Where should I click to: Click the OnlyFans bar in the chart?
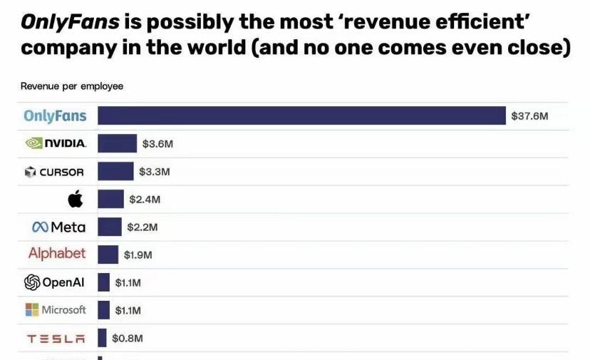click(x=301, y=115)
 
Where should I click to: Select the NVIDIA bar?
click(x=117, y=143)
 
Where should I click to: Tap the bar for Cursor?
click(x=115, y=171)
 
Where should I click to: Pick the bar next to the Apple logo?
click(x=110, y=199)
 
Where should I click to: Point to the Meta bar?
click(x=110, y=227)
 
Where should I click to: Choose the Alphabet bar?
click(x=108, y=254)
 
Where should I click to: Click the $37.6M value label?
click(x=529, y=115)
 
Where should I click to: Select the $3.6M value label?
click(x=157, y=144)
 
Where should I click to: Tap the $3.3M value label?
click(x=154, y=172)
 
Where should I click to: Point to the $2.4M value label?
click(x=145, y=200)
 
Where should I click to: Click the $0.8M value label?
click(x=127, y=339)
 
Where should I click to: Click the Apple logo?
click(x=76, y=199)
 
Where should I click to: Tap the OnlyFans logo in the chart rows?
click(x=55, y=115)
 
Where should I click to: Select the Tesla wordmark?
click(x=56, y=339)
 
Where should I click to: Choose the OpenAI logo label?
click(x=55, y=282)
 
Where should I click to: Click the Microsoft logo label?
click(x=56, y=310)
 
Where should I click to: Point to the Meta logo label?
click(x=58, y=227)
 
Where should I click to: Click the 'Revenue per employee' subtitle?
click(x=72, y=86)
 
